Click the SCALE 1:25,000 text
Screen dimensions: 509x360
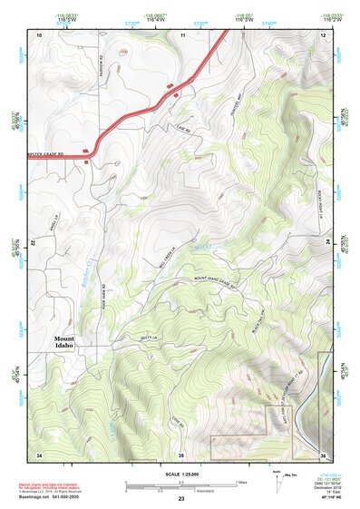180,474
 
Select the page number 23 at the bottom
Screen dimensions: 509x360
180,499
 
